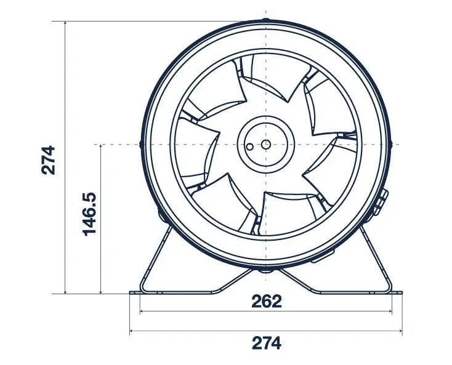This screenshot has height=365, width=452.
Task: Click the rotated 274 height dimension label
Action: click(49, 159)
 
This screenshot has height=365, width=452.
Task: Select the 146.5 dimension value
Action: click(89, 213)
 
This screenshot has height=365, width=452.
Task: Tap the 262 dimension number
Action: click(266, 301)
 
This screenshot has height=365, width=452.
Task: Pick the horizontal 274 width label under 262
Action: click(266, 343)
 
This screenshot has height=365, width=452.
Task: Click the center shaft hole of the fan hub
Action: click(265, 144)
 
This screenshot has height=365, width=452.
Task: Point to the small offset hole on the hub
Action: click(249, 148)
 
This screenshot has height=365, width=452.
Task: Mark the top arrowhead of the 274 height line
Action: click(65, 23)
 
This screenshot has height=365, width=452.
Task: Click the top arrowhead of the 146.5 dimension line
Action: click(100, 146)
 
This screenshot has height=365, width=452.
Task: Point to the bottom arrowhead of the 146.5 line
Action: click(100, 291)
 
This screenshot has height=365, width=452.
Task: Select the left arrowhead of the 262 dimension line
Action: click(142, 311)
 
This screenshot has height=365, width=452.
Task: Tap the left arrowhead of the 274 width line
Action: click(132, 332)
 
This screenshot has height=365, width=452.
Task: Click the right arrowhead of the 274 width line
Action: click(400, 332)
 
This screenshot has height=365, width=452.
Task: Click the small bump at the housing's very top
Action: click(265, 20)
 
